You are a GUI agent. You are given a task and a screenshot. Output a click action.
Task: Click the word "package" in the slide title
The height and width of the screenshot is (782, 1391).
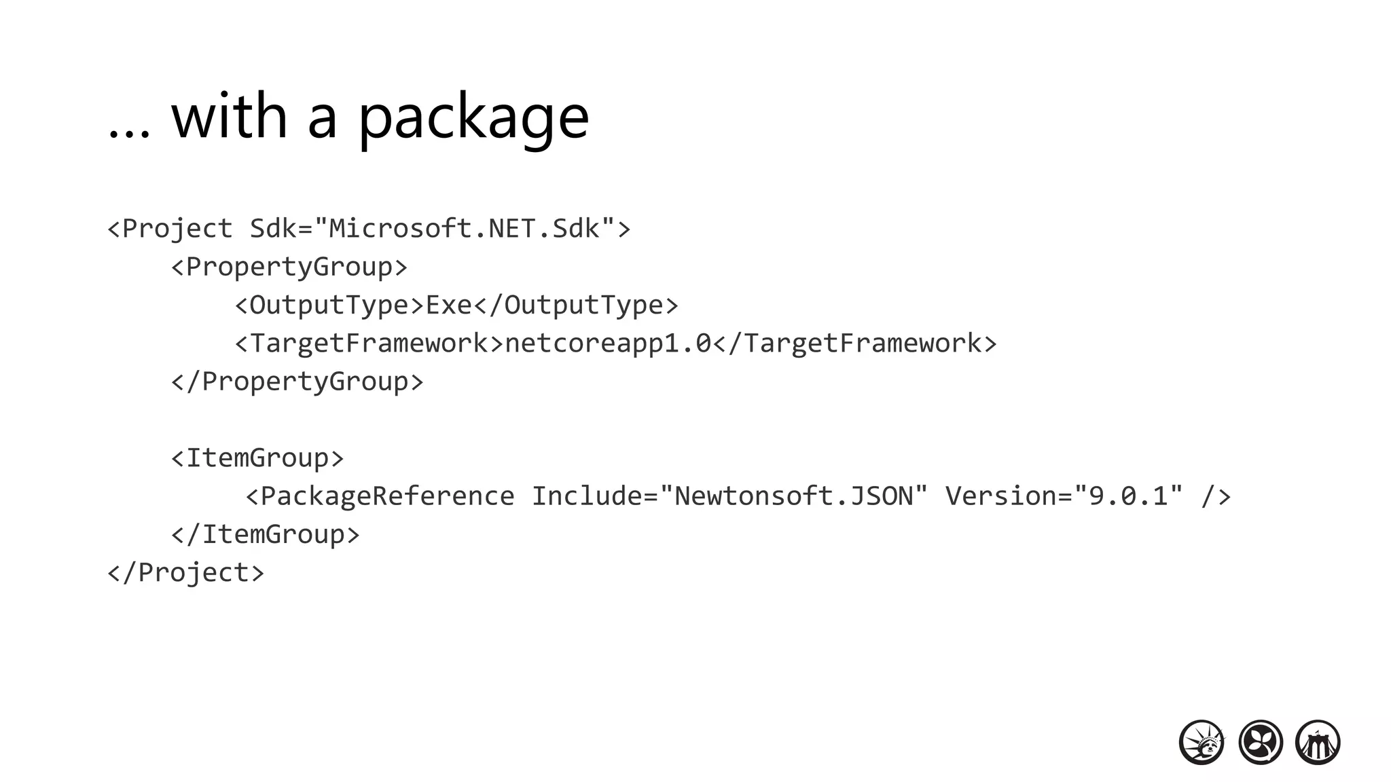[473, 117]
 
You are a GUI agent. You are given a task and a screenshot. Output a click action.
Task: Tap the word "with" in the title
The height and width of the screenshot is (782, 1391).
[230, 117]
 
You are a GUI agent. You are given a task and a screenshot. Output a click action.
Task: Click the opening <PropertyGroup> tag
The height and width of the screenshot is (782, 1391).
[289, 267]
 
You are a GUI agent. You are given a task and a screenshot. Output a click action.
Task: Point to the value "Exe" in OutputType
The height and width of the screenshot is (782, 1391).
[449, 305]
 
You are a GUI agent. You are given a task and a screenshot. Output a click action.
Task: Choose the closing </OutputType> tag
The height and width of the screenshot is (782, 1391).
[576, 305]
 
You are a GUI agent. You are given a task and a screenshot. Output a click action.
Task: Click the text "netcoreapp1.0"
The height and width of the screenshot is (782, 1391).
[608, 343]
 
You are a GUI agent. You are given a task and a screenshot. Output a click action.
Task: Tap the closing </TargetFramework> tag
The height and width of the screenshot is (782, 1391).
[855, 343]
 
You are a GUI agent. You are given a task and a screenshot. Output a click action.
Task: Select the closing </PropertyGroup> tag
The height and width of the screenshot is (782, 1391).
[297, 381]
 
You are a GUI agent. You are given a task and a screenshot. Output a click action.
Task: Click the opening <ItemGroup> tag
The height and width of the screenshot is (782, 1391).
[257, 458]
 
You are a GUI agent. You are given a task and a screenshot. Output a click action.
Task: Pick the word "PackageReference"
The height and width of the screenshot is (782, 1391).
[387, 496]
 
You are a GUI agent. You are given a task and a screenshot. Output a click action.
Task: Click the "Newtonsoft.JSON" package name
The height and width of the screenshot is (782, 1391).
[793, 496]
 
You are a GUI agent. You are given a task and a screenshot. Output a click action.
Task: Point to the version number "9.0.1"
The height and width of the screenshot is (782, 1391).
[1128, 496]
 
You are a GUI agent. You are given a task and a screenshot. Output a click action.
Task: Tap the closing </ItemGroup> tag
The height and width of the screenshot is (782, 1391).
[266, 534]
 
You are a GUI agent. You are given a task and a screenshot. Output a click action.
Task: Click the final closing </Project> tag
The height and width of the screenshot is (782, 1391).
[185, 573]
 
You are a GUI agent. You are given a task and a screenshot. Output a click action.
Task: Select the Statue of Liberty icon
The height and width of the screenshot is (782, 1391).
[1202, 743]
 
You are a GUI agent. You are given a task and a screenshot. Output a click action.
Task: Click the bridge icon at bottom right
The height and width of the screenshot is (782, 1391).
[1318, 743]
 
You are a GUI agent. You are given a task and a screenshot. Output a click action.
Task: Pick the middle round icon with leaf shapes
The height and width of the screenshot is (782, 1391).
[1261, 743]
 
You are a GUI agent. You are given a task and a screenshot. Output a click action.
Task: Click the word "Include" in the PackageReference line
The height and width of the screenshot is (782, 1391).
[586, 496]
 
